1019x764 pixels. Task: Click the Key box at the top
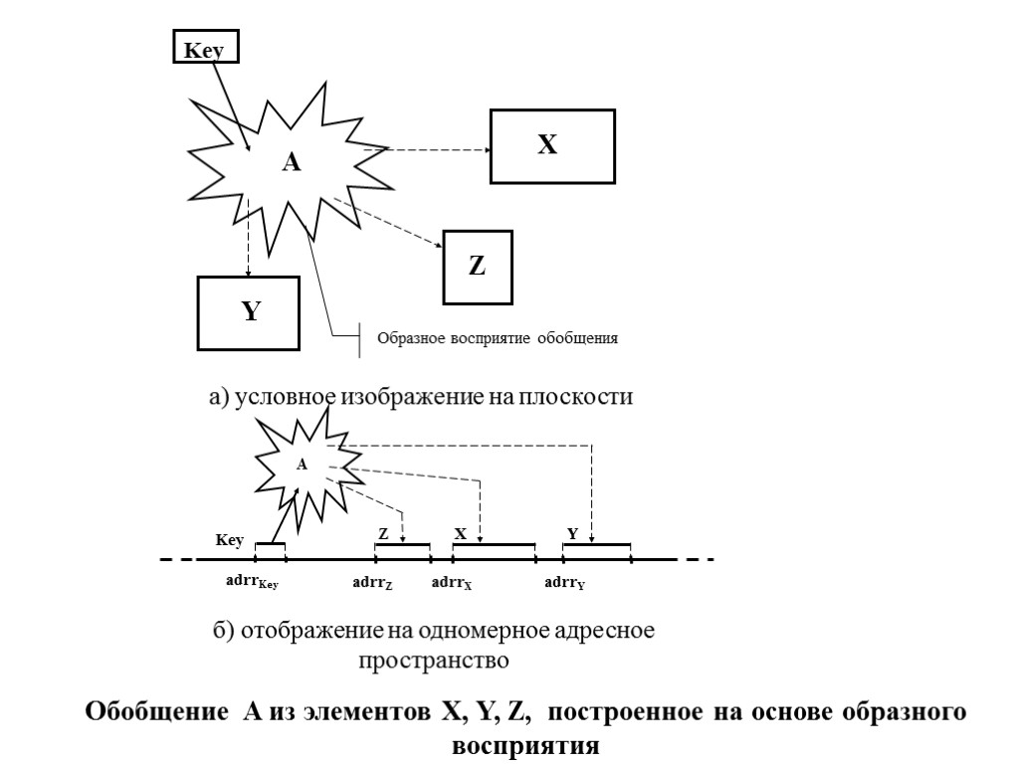206,49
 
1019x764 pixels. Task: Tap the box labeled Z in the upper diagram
478,266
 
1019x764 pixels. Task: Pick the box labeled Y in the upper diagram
250,312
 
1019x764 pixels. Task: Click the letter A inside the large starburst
291,163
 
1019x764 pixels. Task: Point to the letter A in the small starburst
303,464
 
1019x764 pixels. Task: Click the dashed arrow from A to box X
428,150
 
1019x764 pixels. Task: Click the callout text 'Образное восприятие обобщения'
497,338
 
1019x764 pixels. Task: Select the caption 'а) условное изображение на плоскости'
420,397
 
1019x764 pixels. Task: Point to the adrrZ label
373,584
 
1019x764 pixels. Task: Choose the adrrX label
451,584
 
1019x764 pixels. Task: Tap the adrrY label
564,584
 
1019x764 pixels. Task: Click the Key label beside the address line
230,540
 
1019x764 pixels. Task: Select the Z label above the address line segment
382,534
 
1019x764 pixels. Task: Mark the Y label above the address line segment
572,534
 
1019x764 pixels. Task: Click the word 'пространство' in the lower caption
434,659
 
